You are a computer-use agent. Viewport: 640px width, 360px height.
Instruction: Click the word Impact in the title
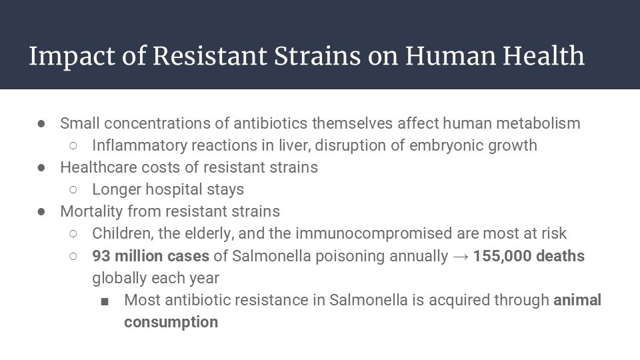[72, 57]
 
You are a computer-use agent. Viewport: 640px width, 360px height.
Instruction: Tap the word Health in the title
[544, 55]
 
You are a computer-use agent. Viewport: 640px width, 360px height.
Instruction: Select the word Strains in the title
[317, 56]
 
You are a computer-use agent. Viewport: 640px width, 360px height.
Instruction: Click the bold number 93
[101, 256]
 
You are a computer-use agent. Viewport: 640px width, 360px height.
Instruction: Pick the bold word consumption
[171, 323]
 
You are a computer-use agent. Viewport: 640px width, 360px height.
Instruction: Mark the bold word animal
[577, 300]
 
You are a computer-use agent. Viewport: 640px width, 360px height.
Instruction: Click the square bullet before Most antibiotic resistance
[105, 301]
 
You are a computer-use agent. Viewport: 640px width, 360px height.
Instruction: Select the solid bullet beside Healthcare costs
[41, 168]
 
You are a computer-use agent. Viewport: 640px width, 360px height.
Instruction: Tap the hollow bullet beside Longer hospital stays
[73, 190]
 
